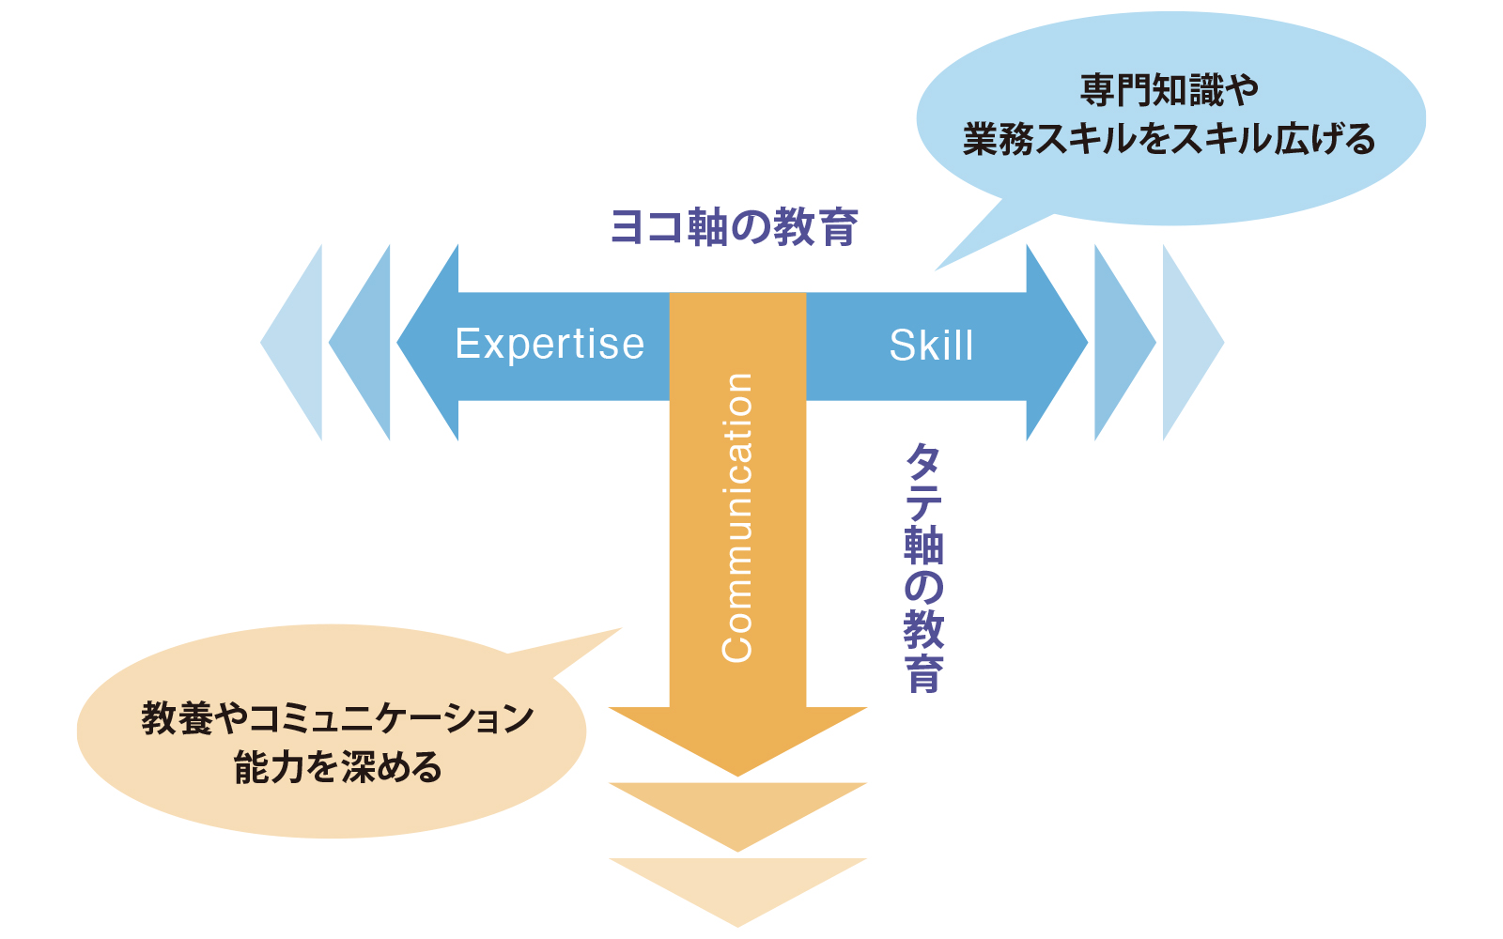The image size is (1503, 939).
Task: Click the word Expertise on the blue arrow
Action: click(x=550, y=344)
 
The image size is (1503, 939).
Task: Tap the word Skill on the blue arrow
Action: click(x=931, y=346)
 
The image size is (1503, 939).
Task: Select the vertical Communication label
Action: click(x=736, y=517)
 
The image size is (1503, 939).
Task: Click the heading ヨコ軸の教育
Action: click(x=734, y=227)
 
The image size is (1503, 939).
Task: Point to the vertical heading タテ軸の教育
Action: click(x=924, y=567)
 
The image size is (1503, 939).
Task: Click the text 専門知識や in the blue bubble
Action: click(x=1169, y=90)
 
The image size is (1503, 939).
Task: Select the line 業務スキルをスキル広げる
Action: click(x=1169, y=140)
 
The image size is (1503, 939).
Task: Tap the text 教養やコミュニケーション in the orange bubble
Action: click(x=337, y=718)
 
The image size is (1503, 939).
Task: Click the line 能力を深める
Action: click(x=338, y=767)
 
